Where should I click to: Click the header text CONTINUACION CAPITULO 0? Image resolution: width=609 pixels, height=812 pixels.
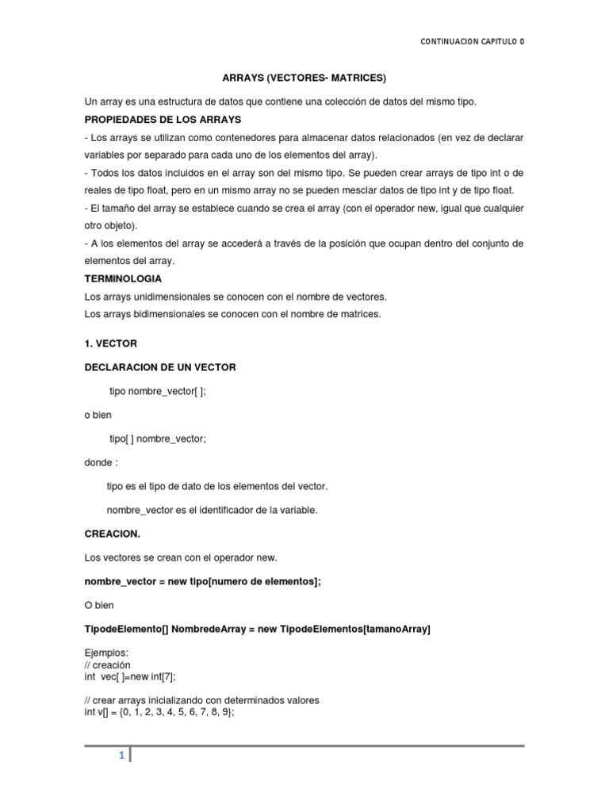click(x=472, y=42)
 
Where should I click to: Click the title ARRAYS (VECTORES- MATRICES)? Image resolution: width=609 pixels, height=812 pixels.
click(x=303, y=78)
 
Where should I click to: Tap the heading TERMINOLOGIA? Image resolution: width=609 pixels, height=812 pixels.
click(x=123, y=279)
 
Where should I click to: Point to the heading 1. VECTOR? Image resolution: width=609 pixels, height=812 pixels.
click(x=111, y=343)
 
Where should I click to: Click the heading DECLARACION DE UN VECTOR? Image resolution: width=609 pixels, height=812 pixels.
click(x=160, y=367)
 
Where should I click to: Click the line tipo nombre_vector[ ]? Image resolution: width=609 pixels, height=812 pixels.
click(x=158, y=391)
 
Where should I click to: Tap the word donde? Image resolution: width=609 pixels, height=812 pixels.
click(x=100, y=462)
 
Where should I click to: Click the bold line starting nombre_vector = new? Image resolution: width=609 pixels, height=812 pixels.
click(x=203, y=581)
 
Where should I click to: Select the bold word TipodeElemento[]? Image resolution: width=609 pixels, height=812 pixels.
click(x=124, y=629)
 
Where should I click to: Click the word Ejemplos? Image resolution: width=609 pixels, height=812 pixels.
click(x=105, y=653)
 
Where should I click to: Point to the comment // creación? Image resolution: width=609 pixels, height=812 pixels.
click(x=108, y=665)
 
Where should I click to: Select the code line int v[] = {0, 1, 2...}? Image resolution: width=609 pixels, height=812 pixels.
click(x=159, y=712)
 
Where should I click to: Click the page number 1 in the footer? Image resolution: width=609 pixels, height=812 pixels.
click(x=121, y=756)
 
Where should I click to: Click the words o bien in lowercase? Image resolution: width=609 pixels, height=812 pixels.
click(x=98, y=415)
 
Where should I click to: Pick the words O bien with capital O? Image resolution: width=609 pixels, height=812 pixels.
click(x=99, y=605)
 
